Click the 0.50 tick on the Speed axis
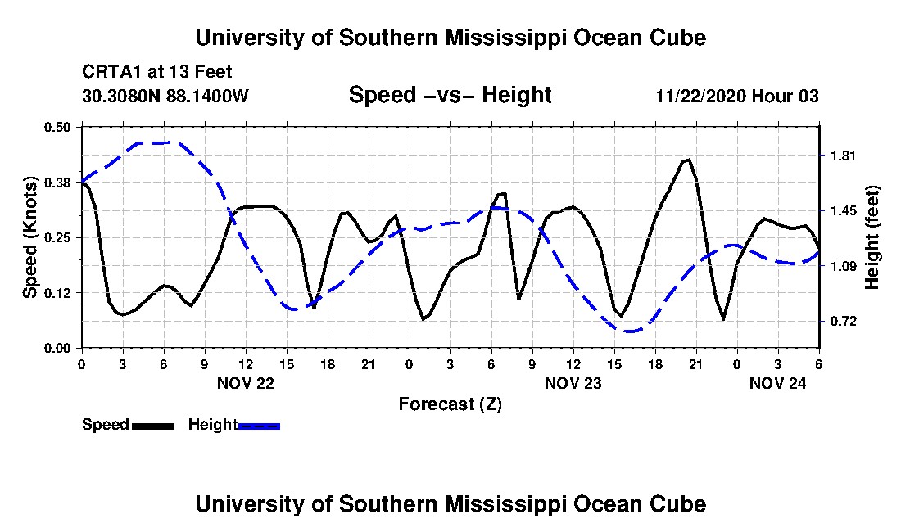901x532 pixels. tap(57, 127)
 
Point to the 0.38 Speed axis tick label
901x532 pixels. tap(57, 183)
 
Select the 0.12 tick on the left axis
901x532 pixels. tap(57, 293)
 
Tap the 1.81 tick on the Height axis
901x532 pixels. tap(843, 156)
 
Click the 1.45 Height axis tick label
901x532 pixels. tap(843, 210)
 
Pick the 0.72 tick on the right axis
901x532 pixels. tap(843, 322)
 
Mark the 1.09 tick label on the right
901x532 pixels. tap(843, 266)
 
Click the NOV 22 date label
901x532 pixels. tap(246, 383)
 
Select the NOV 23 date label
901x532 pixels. tap(573, 383)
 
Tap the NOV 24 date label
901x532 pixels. tap(777, 383)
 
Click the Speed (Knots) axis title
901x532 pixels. tap(29, 237)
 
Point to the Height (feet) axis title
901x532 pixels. tap(872, 237)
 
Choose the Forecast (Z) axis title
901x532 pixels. tap(450, 404)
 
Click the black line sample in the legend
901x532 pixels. tap(153, 426)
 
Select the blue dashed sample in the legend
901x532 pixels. tap(259, 426)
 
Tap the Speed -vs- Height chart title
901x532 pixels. tap(450, 95)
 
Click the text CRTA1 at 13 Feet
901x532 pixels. tap(157, 72)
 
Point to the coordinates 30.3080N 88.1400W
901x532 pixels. tap(165, 95)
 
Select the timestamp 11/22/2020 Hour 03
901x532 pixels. tap(737, 96)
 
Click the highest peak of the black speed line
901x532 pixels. tap(689, 160)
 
